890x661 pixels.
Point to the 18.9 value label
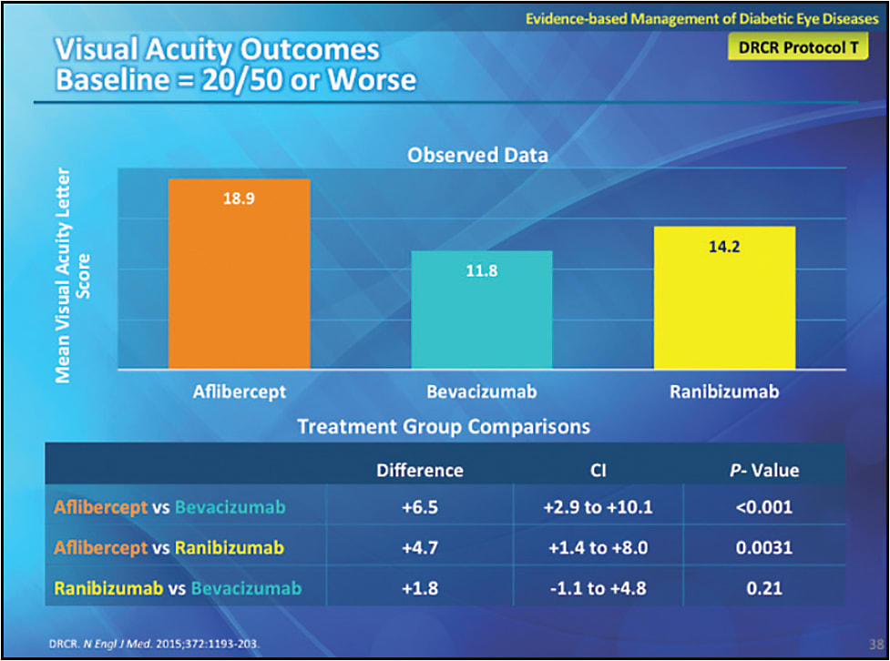(239, 199)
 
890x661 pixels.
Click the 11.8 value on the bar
(482, 270)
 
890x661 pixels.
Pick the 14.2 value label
(725, 247)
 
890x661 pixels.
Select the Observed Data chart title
(477, 155)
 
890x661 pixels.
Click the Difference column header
(420, 471)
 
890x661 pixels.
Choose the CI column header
(598, 471)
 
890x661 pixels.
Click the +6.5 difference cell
(420, 508)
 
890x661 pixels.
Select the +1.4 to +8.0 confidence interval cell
(598, 548)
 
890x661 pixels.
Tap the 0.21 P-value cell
(764, 588)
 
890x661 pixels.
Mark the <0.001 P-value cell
(764, 508)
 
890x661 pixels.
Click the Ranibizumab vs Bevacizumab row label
(178, 588)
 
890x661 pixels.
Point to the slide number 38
(875, 641)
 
